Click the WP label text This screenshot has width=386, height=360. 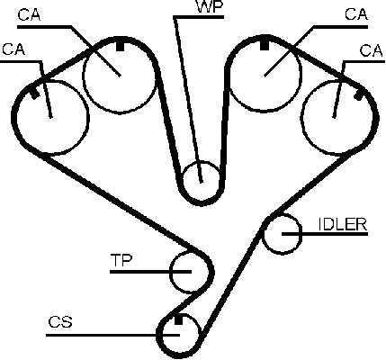click(x=210, y=7)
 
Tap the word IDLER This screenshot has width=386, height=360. click(x=343, y=224)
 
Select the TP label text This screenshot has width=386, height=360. click(x=121, y=260)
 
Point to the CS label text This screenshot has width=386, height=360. click(x=60, y=322)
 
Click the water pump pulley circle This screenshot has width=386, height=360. click(x=183, y=180)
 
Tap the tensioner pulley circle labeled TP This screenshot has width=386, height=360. click(x=170, y=273)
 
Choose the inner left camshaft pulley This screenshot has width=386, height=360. click(x=82, y=76)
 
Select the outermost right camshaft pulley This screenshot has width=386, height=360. click(x=301, y=118)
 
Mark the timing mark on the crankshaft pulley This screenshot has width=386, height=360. click(x=178, y=319)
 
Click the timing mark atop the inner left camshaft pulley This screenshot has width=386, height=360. click(x=120, y=46)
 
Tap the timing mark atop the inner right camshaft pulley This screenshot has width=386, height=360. click(x=264, y=44)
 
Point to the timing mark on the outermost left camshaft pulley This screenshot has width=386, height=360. click(x=35, y=94)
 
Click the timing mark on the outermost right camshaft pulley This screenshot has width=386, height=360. click(x=358, y=95)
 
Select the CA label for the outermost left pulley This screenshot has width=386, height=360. click(x=13, y=49)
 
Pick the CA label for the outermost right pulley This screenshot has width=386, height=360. click(x=372, y=50)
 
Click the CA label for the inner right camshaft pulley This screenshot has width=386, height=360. click(x=356, y=14)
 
